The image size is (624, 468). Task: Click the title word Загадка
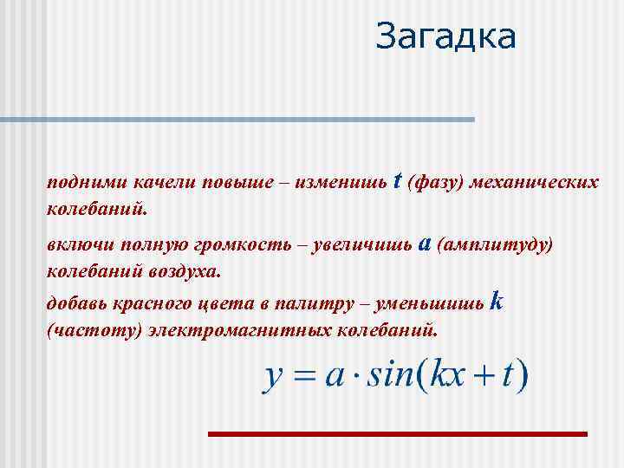(446, 36)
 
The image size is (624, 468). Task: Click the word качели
(164, 183)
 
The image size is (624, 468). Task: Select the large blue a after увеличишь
(425, 244)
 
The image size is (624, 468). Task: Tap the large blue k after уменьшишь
(497, 302)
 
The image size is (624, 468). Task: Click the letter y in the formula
(274, 378)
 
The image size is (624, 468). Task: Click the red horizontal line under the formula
(398, 432)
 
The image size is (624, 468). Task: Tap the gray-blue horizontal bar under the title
(237, 119)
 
